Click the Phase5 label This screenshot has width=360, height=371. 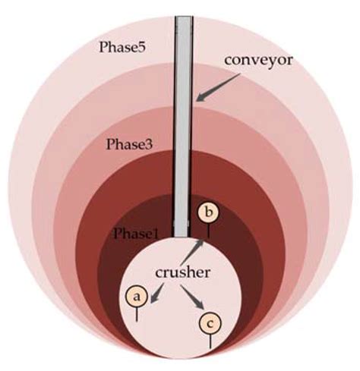tap(122, 47)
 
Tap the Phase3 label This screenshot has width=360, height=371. tap(130, 144)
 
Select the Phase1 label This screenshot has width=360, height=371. tap(136, 233)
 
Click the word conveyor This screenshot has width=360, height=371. tap(258, 61)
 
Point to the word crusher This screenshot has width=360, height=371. tap(182, 272)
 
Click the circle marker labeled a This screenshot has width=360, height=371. tap(137, 296)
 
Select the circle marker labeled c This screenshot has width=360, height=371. tap(210, 323)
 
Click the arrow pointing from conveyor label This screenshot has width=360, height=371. tap(218, 88)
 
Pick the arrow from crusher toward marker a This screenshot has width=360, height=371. tap(157, 293)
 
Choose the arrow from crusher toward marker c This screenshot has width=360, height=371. tap(192, 297)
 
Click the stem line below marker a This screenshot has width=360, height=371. tap(137, 314)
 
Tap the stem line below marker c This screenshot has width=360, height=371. tap(210, 341)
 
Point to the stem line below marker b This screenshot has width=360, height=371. tap(208, 231)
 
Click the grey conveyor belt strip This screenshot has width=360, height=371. tap(183, 127)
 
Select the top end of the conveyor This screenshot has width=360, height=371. tap(184, 17)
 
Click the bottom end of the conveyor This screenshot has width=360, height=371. tap(182, 237)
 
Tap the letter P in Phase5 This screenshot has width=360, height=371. tap(103, 47)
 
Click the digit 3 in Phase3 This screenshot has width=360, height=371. tap(149, 145)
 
